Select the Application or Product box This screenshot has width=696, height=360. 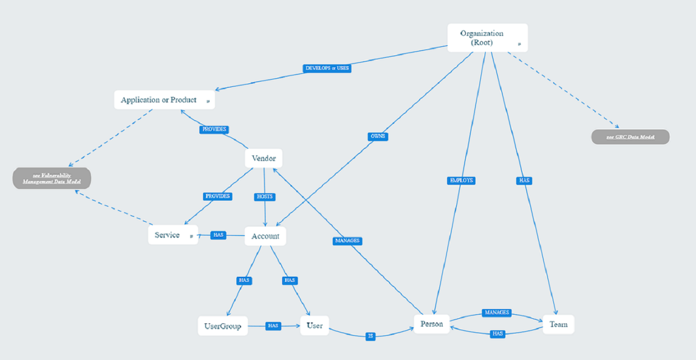click(x=164, y=100)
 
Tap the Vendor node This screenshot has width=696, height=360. click(x=264, y=158)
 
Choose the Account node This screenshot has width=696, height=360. click(x=265, y=236)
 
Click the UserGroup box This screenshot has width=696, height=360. click(x=223, y=326)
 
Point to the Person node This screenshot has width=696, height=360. click(x=432, y=325)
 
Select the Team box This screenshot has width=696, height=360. click(x=558, y=325)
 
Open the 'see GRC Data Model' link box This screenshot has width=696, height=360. click(x=630, y=137)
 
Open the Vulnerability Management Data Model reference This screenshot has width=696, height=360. click(x=52, y=178)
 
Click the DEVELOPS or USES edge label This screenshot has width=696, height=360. click(x=327, y=68)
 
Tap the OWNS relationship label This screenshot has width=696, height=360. click(x=378, y=136)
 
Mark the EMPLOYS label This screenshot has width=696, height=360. click(x=461, y=181)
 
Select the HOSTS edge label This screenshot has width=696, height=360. click(x=265, y=196)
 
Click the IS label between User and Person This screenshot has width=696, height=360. click(x=371, y=336)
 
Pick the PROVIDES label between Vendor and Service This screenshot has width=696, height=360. click(x=218, y=196)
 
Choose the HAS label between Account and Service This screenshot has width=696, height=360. click(x=218, y=235)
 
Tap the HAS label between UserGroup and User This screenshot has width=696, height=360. click(x=273, y=326)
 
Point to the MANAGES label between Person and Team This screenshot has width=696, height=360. click(x=497, y=312)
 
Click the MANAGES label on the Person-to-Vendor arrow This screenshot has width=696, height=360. click(x=347, y=241)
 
